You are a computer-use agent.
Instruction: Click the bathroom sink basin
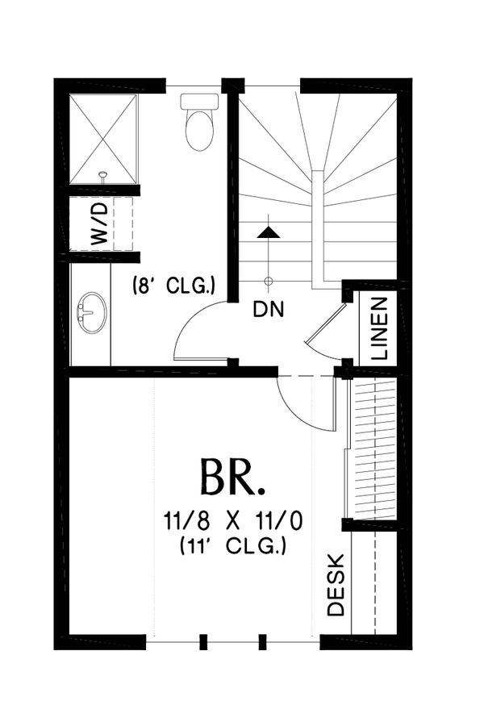pyautogui.click(x=93, y=311)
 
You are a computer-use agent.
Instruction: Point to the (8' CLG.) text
pyautogui.click(x=173, y=284)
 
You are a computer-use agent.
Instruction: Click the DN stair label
pyautogui.click(x=269, y=309)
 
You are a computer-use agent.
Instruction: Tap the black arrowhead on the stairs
pyautogui.click(x=269, y=232)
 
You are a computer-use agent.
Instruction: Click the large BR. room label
pyautogui.click(x=232, y=478)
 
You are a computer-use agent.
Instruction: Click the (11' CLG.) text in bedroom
pyautogui.click(x=232, y=547)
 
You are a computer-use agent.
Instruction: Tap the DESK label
pyautogui.click(x=336, y=585)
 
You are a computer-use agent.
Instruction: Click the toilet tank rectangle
pyautogui.click(x=198, y=102)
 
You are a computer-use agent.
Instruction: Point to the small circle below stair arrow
pyautogui.click(x=269, y=281)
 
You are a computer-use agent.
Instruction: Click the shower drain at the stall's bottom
pyautogui.click(x=102, y=174)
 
